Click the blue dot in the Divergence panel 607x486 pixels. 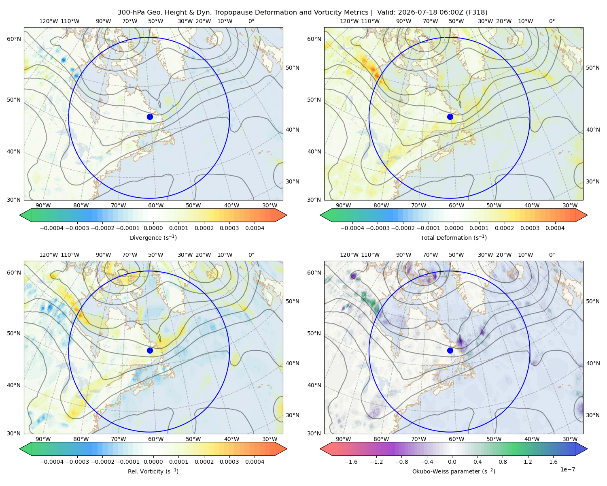coord(150,117)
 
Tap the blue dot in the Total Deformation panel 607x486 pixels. coord(450,117)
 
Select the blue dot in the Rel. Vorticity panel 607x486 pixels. coord(150,350)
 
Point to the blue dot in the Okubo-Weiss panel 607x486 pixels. coord(450,350)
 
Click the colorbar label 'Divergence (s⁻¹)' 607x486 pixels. coord(153,237)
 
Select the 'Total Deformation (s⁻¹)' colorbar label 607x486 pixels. coord(454,237)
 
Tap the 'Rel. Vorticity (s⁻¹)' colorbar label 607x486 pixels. coord(153,471)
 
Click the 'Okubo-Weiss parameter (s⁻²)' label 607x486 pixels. coord(454,471)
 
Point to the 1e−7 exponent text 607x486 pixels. coord(567,469)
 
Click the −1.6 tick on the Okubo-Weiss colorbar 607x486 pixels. coord(351,462)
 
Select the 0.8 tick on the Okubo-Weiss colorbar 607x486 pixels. coord(503,462)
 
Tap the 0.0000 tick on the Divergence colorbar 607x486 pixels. coord(153,228)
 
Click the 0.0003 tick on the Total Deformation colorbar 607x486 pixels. coord(530,228)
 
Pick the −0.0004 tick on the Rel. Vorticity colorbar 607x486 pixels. coord(52,462)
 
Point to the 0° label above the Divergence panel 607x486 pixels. coord(251,21)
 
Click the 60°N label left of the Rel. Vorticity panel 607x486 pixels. coord(14,273)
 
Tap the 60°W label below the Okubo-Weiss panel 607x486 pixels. coord(456,439)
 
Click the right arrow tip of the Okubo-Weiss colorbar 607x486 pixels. coord(587,449)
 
